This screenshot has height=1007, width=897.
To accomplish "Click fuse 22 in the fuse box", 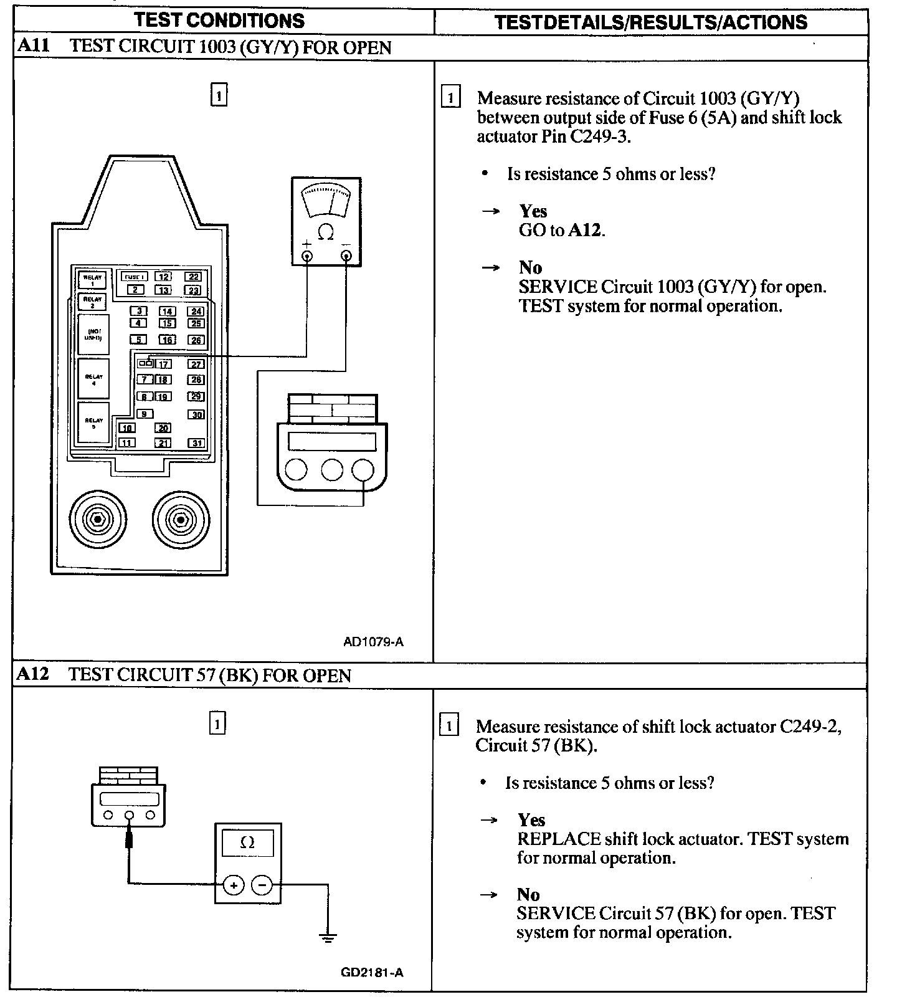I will click(x=193, y=277).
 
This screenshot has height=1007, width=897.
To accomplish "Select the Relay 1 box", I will click(x=92, y=280).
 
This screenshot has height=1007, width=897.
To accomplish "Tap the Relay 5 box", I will click(x=93, y=422).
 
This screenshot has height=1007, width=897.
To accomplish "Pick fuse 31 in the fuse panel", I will click(x=197, y=443).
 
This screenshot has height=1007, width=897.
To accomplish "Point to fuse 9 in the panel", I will click(x=145, y=414).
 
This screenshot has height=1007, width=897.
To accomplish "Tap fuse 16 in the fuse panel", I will click(x=167, y=340).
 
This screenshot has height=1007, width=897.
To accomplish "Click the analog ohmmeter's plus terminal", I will click(x=306, y=255).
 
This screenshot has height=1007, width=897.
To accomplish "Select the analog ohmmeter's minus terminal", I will click(x=346, y=255).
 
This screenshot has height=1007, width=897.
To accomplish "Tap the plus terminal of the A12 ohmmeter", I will click(x=233, y=885).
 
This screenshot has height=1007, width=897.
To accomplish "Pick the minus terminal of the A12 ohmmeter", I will click(x=262, y=885).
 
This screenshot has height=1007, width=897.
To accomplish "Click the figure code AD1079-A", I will click(x=373, y=641).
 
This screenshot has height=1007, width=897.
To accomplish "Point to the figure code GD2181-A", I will click(x=372, y=971).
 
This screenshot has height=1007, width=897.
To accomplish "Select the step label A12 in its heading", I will click(x=33, y=674).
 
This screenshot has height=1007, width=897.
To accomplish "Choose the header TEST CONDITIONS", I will click(x=220, y=21).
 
